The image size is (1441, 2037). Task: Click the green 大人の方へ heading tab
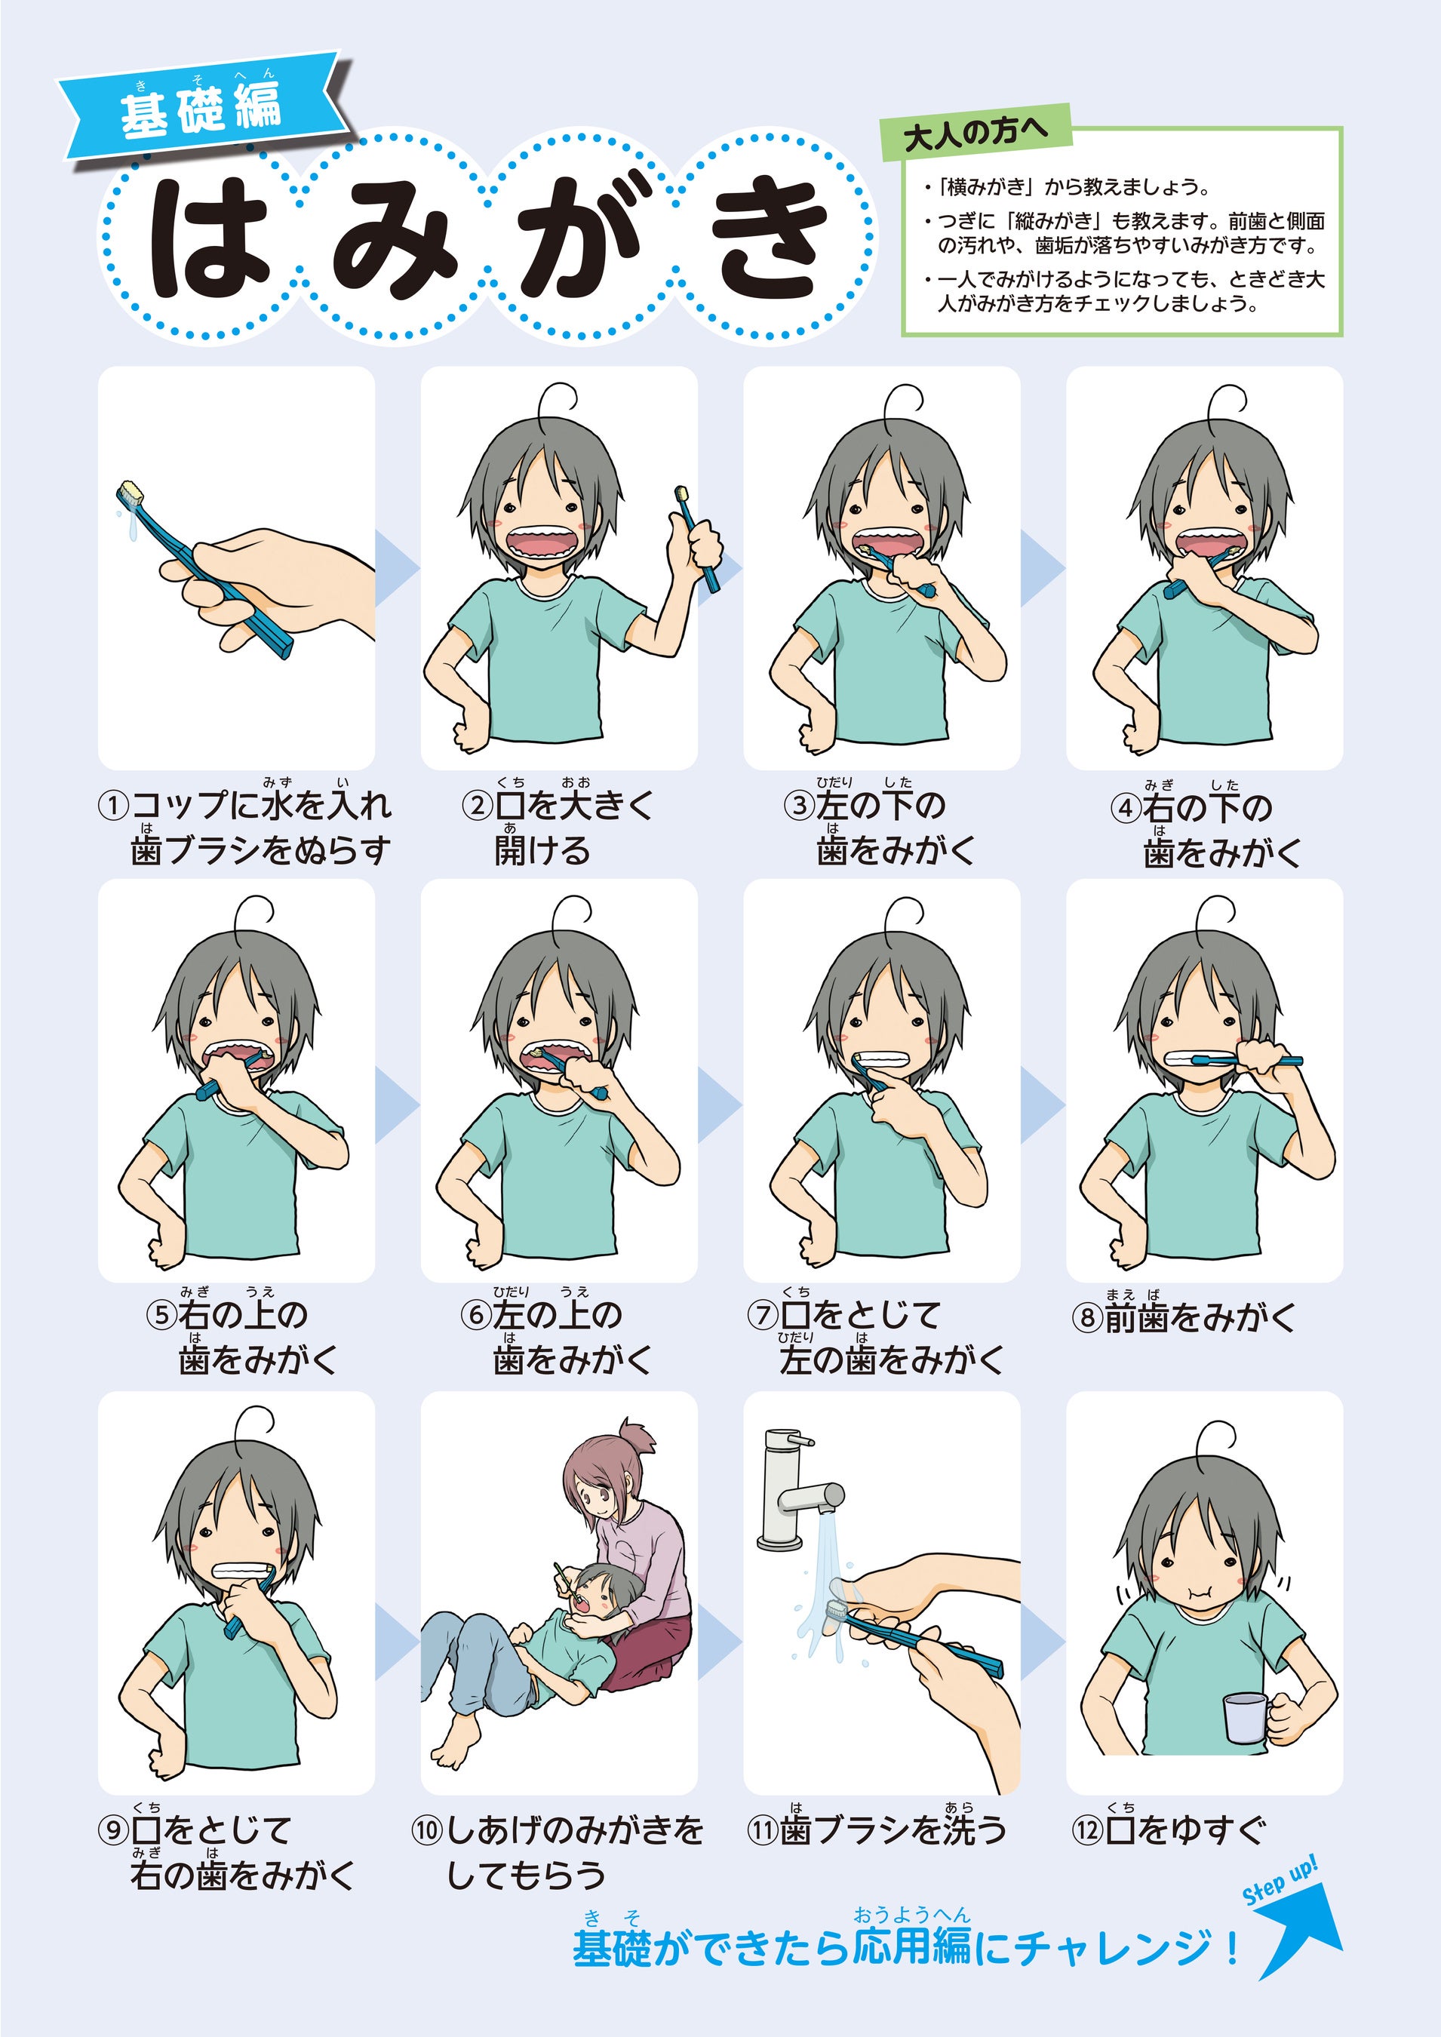tap(976, 132)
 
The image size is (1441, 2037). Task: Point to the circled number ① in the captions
tap(112, 807)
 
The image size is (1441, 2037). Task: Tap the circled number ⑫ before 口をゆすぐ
tap(1087, 1830)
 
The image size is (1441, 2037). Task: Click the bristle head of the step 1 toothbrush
tap(130, 493)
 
